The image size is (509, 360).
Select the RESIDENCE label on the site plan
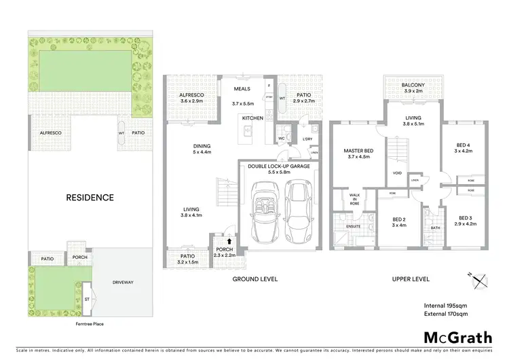90,198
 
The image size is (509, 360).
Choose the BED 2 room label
399,219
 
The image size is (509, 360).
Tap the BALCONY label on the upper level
413,85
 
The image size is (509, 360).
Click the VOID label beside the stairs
397,173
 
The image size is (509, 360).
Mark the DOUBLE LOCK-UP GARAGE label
279,166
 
